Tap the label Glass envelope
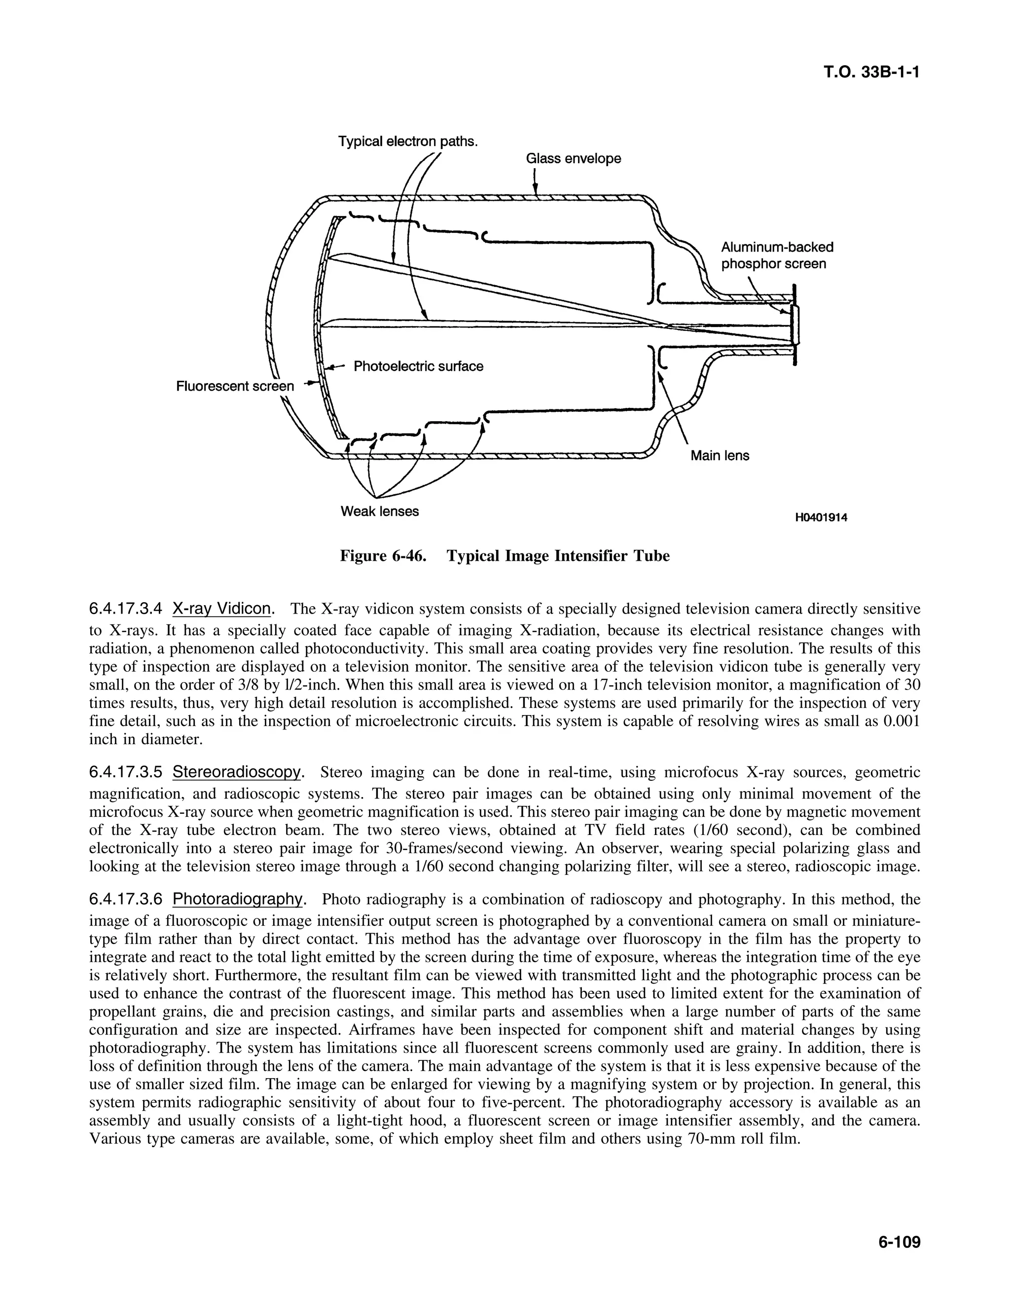click(x=573, y=159)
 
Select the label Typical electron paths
click(x=408, y=142)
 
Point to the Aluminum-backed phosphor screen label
click(x=776, y=255)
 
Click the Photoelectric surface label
click(x=418, y=366)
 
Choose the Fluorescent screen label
click(x=235, y=387)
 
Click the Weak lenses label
click(x=379, y=511)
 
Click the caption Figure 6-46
click(x=383, y=556)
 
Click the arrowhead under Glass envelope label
click(x=535, y=190)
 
